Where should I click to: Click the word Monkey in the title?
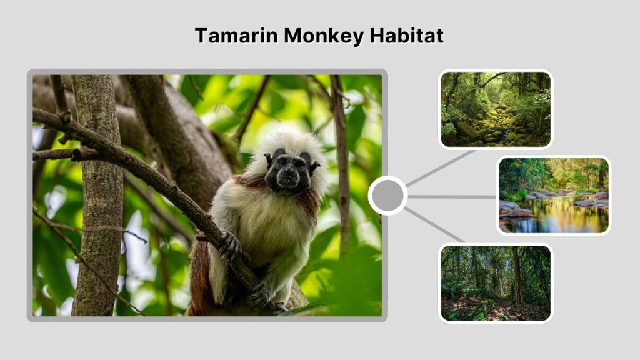pos(323,36)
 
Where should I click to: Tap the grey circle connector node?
pos(387,196)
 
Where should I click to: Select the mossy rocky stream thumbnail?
pos(495,109)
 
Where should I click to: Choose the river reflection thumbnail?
pos(553,196)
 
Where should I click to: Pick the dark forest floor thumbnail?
pos(495,282)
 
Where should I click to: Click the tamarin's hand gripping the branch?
pos(229,247)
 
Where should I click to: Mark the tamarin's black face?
pos(287,172)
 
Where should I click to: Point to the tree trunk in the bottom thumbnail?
pos(516,275)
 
